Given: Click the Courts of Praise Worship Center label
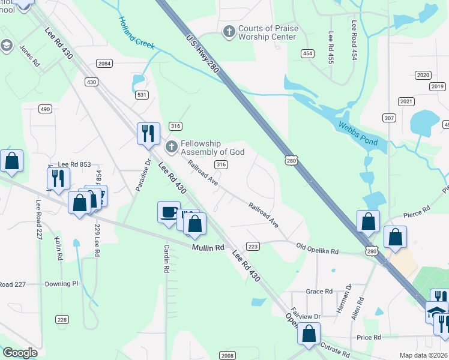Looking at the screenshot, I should click(x=267, y=32).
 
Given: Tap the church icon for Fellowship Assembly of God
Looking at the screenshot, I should click(x=171, y=145).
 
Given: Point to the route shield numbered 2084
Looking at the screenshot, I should click(x=104, y=63).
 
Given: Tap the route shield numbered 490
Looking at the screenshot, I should click(x=45, y=109).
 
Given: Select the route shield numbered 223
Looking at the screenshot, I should click(x=253, y=246).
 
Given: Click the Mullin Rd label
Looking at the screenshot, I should click(x=208, y=247).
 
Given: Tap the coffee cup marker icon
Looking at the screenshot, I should click(x=169, y=212).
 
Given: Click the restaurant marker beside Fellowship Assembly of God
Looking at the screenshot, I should click(x=148, y=133).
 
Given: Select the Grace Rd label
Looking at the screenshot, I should click(x=319, y=292).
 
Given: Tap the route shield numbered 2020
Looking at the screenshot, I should click(x=423, y=75).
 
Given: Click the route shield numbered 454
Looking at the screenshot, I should click(x=308, y=53).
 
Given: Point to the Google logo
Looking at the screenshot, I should click(x=20, y=353).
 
